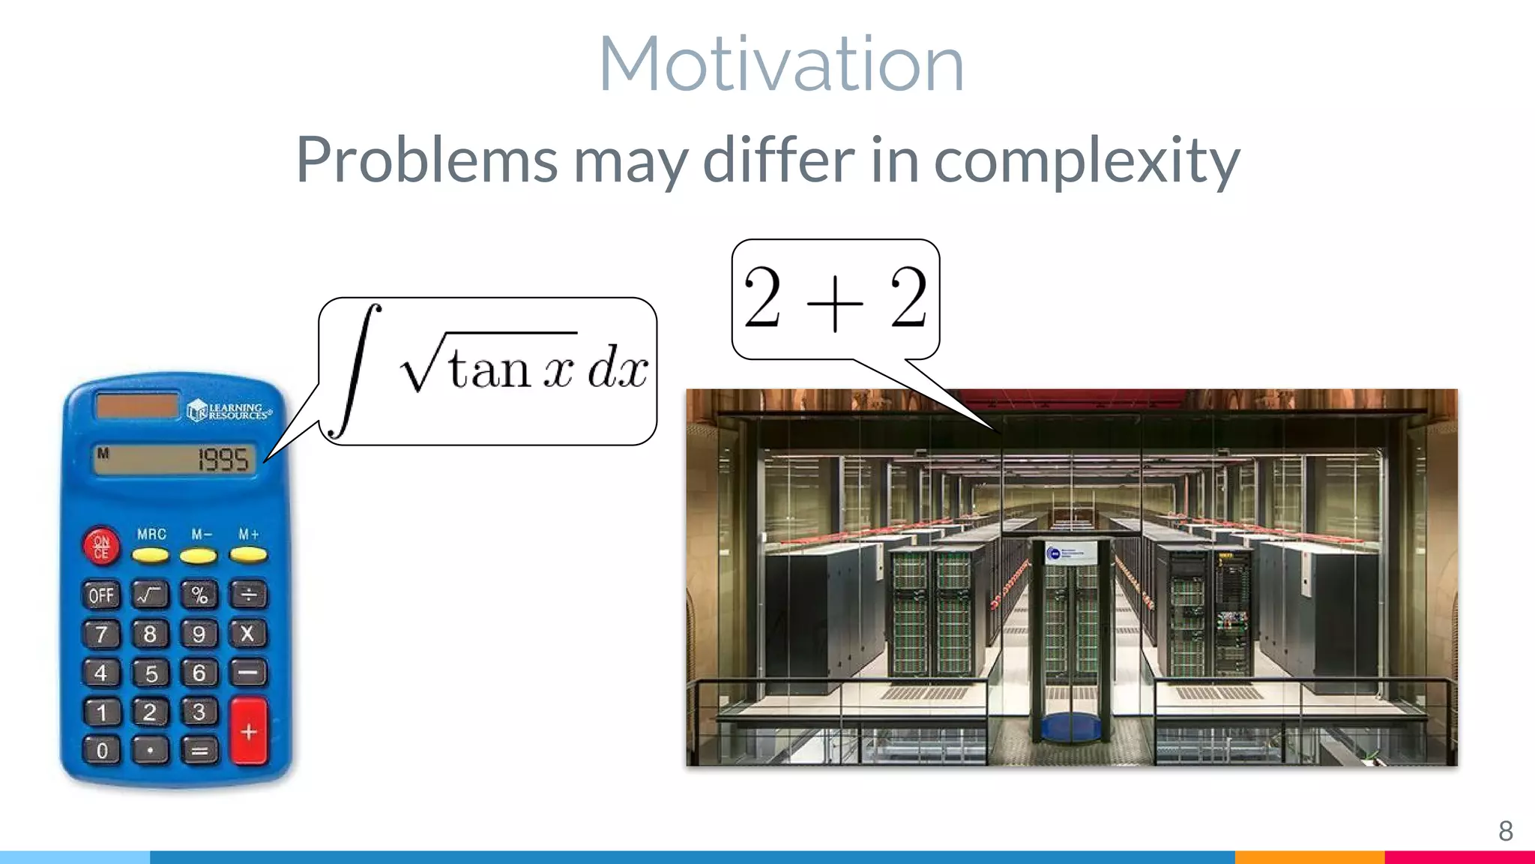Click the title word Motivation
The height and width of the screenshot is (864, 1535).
pos(781,65)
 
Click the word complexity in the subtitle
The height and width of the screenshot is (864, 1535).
pos(1086,160)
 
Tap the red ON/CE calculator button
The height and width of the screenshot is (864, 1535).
pos(101,546)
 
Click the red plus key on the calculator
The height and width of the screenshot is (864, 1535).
pos(249,730)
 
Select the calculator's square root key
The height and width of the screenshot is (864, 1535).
pos(150,595)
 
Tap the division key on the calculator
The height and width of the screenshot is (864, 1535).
pos(248,595)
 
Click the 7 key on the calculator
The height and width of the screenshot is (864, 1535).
pos(101,634)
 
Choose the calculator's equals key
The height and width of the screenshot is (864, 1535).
pos(199,750)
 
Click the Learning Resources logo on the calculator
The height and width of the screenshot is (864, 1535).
pos(229,410)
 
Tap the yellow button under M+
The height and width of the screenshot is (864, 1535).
pos(248,556)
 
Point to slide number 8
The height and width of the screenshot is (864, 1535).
pos(1505,831)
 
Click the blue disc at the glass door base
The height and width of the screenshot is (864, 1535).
pos(1070,726)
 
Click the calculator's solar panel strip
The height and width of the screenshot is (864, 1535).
pos(137,406)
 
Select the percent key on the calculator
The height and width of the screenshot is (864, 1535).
pos(199,595)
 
